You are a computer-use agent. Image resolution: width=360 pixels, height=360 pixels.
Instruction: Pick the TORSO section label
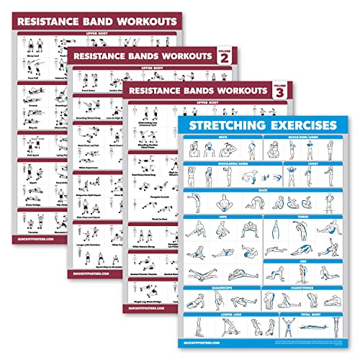pos(305,216)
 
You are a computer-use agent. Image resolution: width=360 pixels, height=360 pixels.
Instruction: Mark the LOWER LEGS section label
pos(222,314)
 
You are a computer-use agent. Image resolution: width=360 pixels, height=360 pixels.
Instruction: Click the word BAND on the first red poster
pos(96,21)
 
